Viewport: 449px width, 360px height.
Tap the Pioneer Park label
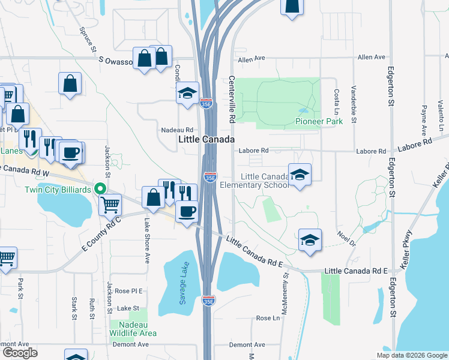pos(319,122)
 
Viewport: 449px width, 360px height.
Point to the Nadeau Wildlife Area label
pos(133,329)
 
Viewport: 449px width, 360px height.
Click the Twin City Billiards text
pos(59,190)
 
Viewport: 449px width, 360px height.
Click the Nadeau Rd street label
pos(177,130)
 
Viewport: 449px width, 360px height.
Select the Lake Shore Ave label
pos(146,241)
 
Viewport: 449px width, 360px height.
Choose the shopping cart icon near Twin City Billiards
pos(110,205)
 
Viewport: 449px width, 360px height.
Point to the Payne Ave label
pos(424,119)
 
